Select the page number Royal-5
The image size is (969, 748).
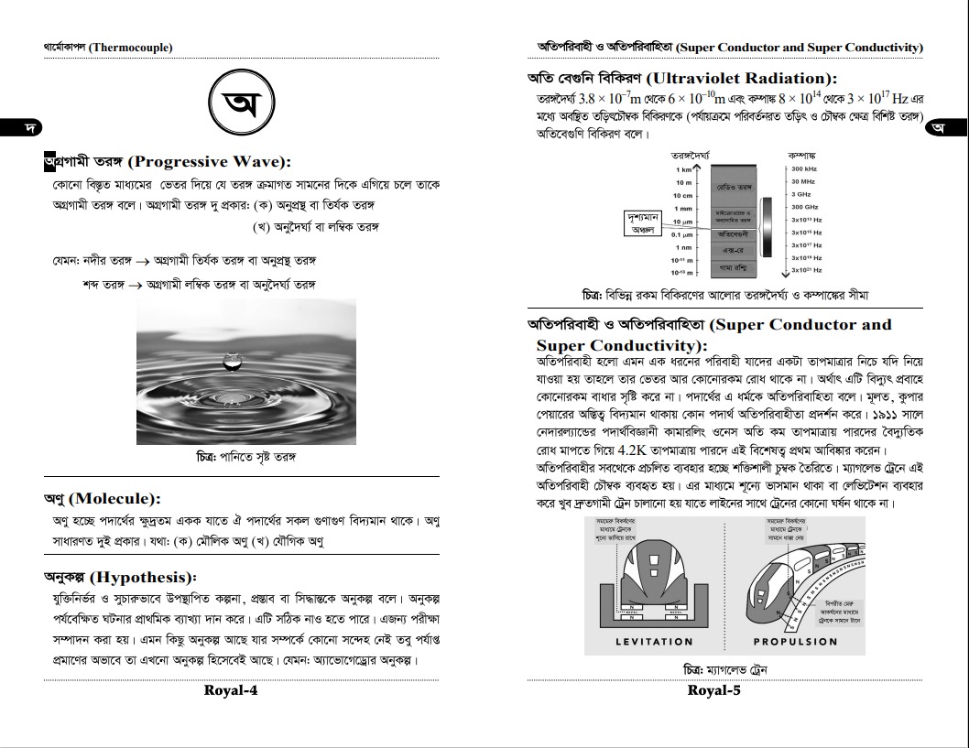point(713,690)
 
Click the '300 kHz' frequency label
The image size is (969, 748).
point(803,169)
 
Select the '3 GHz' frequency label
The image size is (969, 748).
point(800,195)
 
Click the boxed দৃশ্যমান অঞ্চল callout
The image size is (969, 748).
point(644,224)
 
